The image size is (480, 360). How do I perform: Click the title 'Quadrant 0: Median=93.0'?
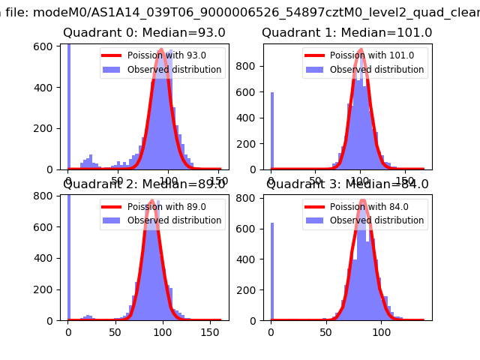[137, 33]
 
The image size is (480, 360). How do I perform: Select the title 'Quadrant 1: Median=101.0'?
[346, 33]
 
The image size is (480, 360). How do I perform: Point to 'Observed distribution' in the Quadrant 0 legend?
[174, 70]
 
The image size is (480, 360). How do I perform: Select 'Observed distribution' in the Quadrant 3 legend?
[376, 220]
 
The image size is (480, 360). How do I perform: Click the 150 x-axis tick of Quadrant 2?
[208, 330]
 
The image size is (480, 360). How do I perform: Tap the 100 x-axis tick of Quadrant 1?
[361, 180]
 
